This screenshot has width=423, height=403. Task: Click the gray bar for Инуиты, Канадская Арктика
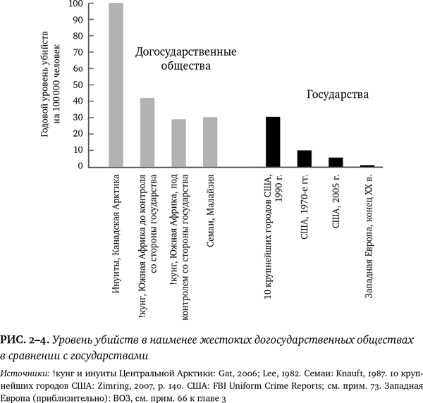(x=116, y=85)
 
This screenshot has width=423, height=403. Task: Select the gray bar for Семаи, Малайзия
(x=210, y=142)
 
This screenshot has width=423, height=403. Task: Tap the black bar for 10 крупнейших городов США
(x=273, y=142)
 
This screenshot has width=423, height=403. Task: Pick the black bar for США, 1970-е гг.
(x=304, y=159)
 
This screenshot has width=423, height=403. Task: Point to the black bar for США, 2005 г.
(x=336, y=162)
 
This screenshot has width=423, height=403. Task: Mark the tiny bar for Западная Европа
(x=367, y=166)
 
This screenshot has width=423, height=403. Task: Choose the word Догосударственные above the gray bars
(x=185, y=52)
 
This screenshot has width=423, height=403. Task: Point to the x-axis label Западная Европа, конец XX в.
(x=368, y=240)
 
